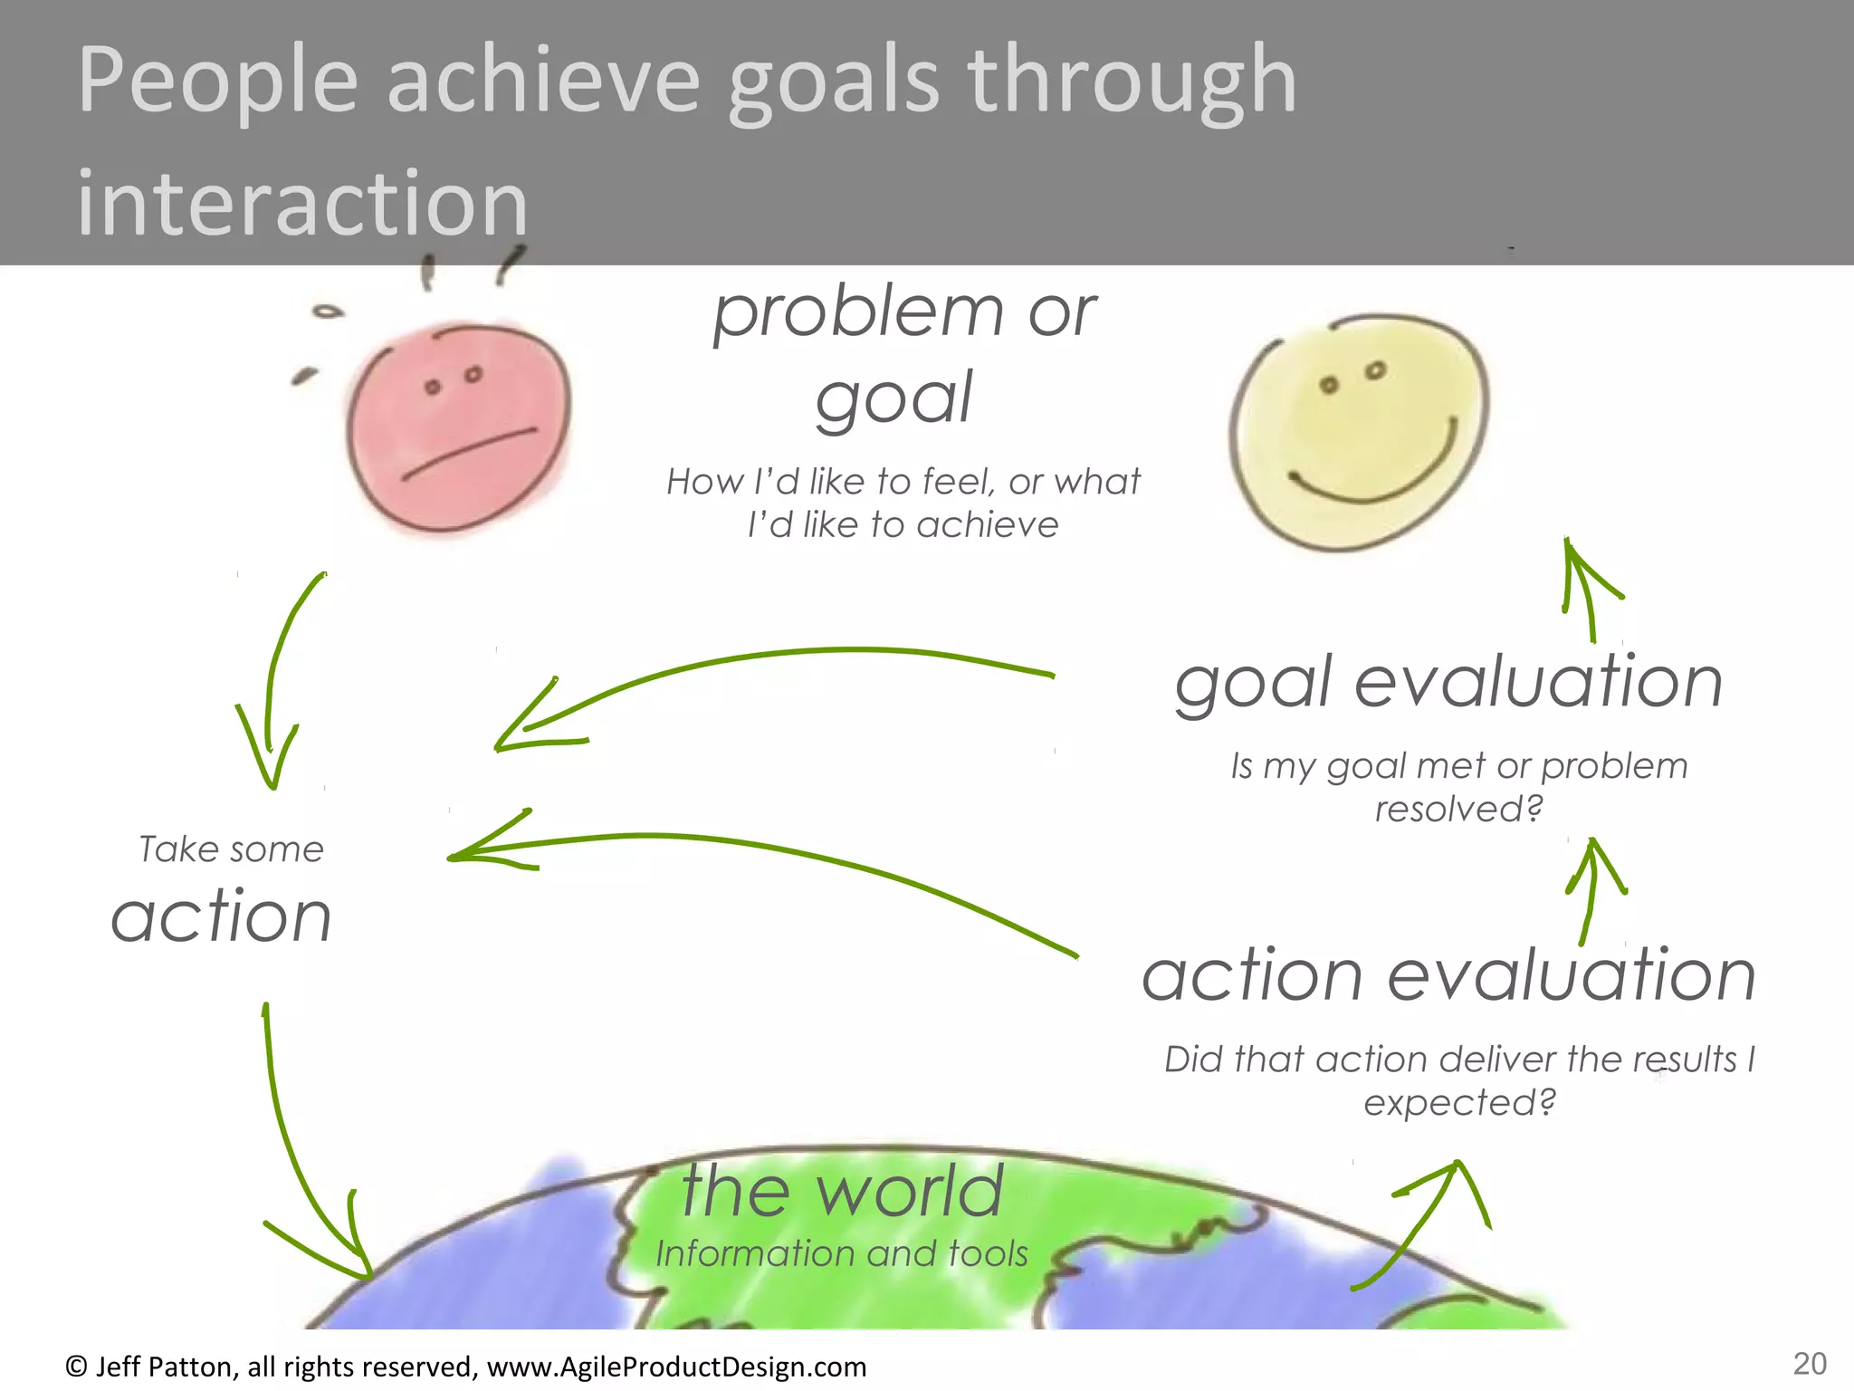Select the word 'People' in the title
(x=217, y=82)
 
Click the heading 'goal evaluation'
(x=1448, y=683)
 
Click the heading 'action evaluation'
(x=1448, y=976)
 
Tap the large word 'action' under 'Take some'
(x=222, y=916)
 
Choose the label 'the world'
(x=842, y=1191)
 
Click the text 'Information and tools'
(x=842, y=1254)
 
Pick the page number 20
(x=1810, y=1364)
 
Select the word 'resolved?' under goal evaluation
(x=1458, y=809)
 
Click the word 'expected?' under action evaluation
(x=1459, y=1103)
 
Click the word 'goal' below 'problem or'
(x=894, y=398)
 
